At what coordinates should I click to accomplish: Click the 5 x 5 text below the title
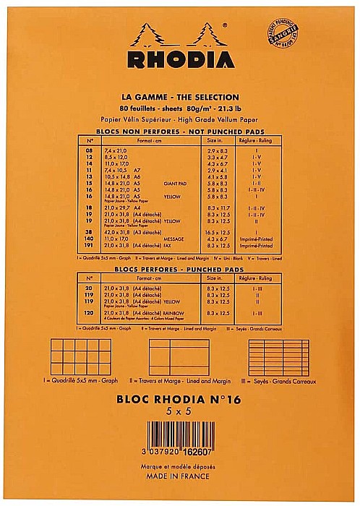(179, 410)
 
